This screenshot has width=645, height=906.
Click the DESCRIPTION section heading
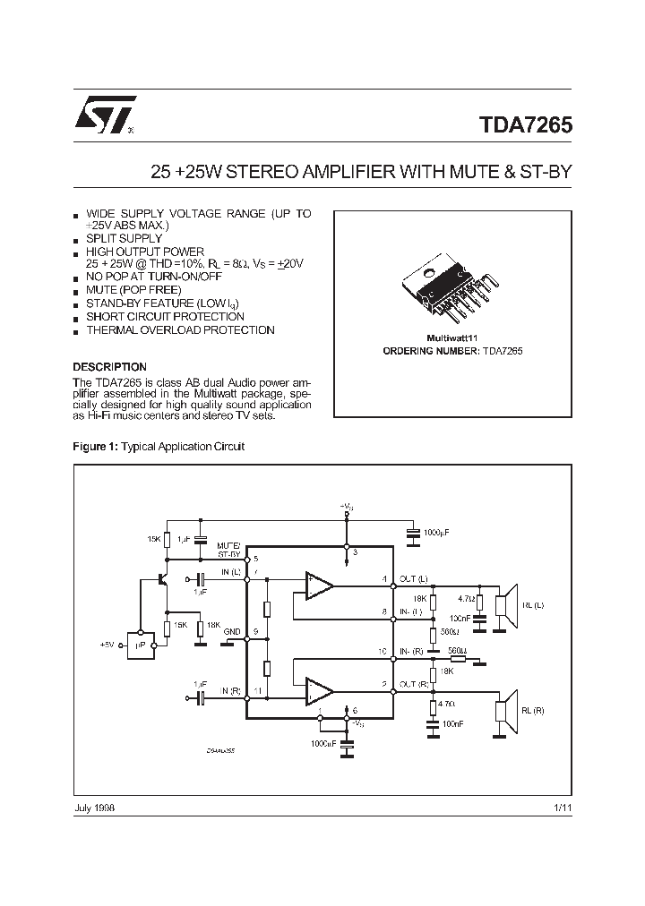coord(109,367)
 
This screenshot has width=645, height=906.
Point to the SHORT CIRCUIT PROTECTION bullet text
coord(165,317)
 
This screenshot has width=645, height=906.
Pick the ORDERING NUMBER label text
coord(420,352)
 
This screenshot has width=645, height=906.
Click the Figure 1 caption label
coord(95,446)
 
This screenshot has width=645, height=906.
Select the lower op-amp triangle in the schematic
coord(318,690)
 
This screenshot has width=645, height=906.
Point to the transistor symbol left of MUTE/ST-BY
coord(163,578)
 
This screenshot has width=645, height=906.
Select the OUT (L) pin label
coord(413,578)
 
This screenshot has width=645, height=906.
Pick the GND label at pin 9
coord(232,631)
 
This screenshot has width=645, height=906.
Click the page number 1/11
coord(563,808)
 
